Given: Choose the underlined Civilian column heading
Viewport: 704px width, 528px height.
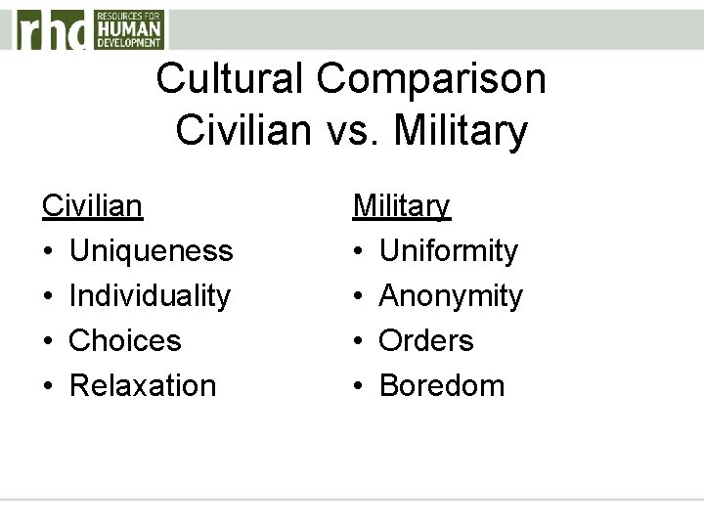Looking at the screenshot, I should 92,206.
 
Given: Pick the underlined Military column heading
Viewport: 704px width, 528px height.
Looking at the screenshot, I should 401,206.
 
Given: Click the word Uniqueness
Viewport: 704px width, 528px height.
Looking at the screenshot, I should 151,251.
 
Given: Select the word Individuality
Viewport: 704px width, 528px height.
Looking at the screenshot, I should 150,295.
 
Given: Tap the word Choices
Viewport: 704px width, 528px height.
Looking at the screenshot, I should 125,340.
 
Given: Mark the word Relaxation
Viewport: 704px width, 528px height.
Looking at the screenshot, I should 143,385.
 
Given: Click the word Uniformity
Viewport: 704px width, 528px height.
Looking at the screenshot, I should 448,251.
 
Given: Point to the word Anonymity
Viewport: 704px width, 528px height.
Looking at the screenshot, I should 451,295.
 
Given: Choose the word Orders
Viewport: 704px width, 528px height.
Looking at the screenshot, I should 426,340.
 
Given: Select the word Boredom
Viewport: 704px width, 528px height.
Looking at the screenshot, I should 442,385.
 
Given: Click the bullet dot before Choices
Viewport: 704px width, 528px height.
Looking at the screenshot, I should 47,341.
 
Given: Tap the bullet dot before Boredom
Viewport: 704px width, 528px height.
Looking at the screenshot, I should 358,386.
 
